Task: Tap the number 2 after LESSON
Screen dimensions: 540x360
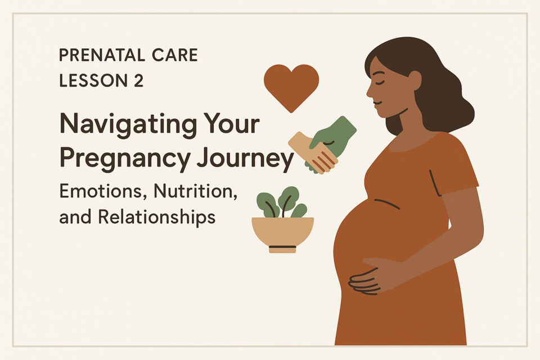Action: [x=138, y=80]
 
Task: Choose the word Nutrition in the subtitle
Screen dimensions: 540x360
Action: [x=195, y=191]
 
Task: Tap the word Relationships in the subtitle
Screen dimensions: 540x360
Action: [x=156, y=218]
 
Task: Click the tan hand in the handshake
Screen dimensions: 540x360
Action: [x=312, y=152]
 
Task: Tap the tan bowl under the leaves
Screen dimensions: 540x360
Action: [x=283, y=233]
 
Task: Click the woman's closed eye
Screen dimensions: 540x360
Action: [x=378, y=82]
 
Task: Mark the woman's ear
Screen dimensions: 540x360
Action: [x=415, y=80]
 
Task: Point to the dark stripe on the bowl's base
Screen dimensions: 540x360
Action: [x=282, y=247]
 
